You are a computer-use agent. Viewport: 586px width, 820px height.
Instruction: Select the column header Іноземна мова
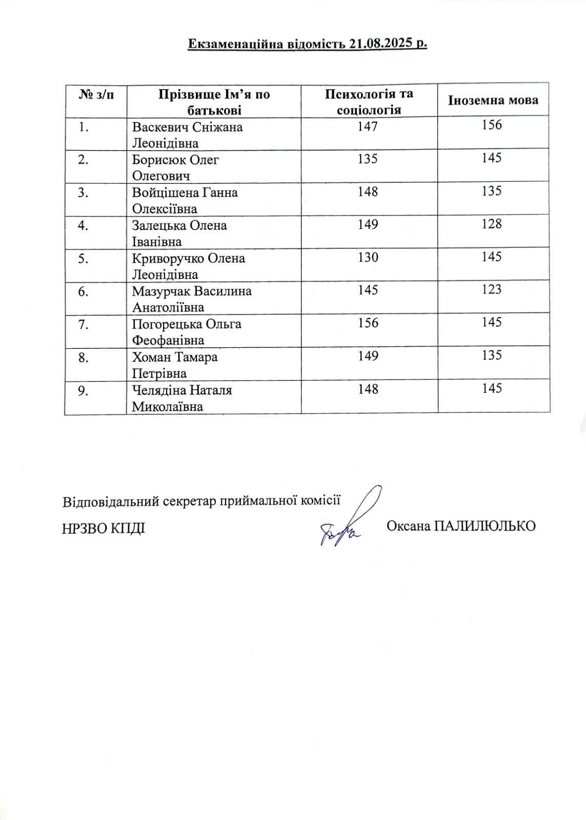493,100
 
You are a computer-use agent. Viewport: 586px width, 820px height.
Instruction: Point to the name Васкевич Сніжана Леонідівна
187,135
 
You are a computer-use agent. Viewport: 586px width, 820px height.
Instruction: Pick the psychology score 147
368,126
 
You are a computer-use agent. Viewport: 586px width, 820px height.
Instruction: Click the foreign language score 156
492,125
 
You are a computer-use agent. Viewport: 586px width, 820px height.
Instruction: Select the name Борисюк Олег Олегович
175,167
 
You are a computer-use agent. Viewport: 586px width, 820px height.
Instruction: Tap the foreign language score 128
492,224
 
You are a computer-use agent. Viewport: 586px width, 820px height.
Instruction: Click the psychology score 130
368,257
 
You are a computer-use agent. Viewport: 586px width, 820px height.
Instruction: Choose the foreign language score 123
492,289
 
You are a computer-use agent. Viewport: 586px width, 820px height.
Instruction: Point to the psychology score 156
368,323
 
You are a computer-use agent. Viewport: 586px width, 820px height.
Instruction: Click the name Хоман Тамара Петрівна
175,365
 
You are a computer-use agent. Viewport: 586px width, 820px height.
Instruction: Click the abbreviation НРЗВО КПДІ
103,528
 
